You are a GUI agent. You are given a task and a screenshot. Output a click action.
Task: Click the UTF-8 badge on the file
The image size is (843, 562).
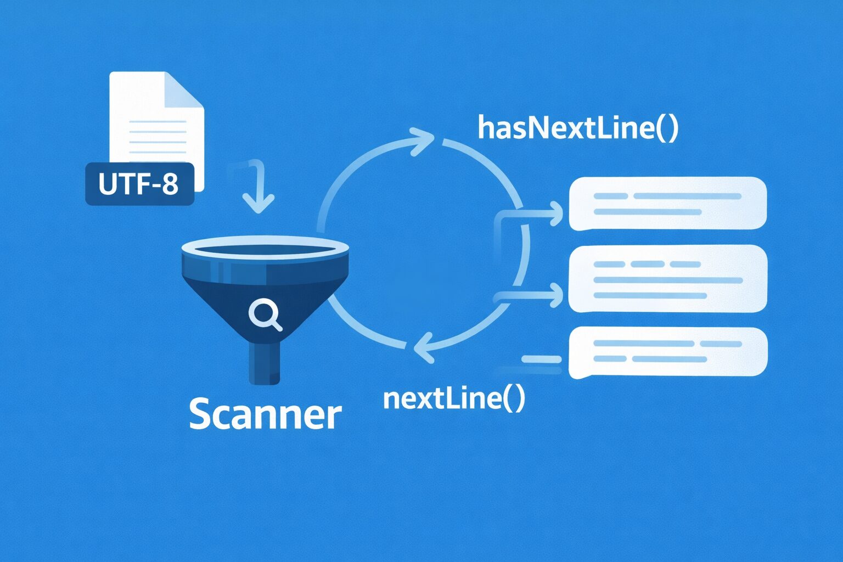point(139,184)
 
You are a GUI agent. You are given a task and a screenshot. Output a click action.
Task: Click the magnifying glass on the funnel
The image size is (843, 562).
point(265,314)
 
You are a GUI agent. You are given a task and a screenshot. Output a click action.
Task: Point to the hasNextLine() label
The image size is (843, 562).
point(578,128)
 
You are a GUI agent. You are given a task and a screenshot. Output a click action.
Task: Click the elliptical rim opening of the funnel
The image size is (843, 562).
point(265,250)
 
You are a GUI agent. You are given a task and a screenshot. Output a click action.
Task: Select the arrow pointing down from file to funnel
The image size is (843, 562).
point(257,189)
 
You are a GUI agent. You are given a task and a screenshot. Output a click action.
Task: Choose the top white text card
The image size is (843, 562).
point(667,204)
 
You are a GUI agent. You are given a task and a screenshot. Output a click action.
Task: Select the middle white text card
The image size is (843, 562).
point(667,279)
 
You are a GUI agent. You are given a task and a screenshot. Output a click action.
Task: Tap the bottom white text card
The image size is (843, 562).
point(667,352)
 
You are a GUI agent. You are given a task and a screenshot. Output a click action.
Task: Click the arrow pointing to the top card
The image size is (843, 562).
point(549,213)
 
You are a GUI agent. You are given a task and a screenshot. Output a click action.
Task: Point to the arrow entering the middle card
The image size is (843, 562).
point(549,295)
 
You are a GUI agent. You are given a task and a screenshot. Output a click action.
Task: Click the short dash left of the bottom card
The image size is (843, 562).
point(541,359)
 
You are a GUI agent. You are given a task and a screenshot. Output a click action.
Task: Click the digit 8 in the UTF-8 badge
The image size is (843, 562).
point(170,184)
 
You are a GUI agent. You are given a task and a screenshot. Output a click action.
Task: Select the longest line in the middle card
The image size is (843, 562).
point(668,280)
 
